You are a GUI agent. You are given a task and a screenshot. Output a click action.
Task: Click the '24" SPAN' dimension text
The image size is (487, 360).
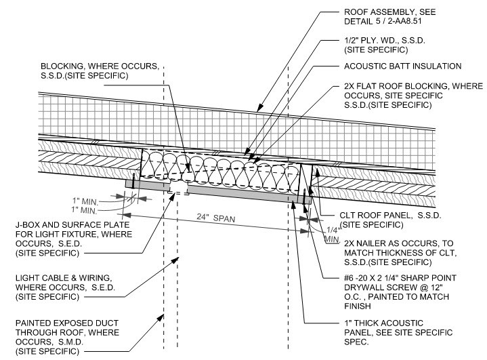pyautogui.click(x=216, y=218)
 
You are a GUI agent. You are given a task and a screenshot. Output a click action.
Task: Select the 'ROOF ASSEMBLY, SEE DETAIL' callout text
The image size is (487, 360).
pyautogui.click(x=389, y=17)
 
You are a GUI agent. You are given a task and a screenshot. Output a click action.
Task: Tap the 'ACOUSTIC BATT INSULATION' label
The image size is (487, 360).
pyautogui.click(x=402, y=66)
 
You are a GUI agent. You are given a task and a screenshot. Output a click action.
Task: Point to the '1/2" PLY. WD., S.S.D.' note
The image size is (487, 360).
pyautogui.click(x=385, y=41)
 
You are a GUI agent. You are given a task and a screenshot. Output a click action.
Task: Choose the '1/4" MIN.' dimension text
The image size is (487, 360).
pyautogui.click(x=333, y=235)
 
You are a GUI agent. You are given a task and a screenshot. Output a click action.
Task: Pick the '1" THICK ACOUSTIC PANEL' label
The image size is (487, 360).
pyautogui.click(x=398, y=333)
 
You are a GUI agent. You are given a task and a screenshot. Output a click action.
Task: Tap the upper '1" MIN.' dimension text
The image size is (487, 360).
pyautogui.click(x=85, y=201)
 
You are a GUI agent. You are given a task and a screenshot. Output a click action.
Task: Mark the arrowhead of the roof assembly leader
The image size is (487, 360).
pyautogui.click(x=259, y=108)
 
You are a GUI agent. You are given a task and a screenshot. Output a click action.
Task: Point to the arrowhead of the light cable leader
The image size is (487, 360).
pyautogui.click(x=175, y=260)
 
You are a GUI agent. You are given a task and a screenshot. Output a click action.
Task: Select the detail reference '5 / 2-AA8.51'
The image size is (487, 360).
pyautogui.click(x=398, y=22)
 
